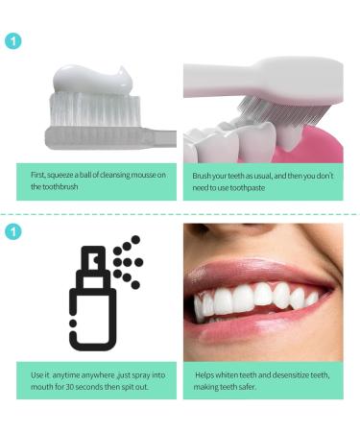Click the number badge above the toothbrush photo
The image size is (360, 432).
tap(13, 41)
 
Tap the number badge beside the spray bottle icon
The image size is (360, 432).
tap(13, 231)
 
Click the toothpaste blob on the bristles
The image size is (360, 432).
tap(93, 80)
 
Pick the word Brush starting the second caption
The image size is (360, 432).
tap(201, 176)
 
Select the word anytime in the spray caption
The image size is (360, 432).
tap(65, 375)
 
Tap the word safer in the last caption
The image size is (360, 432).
tap(248, 387)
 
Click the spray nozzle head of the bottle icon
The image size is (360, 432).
tap(93, 257)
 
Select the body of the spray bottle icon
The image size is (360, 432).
tap(93, 319)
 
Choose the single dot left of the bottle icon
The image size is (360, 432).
tap(73, 324)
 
